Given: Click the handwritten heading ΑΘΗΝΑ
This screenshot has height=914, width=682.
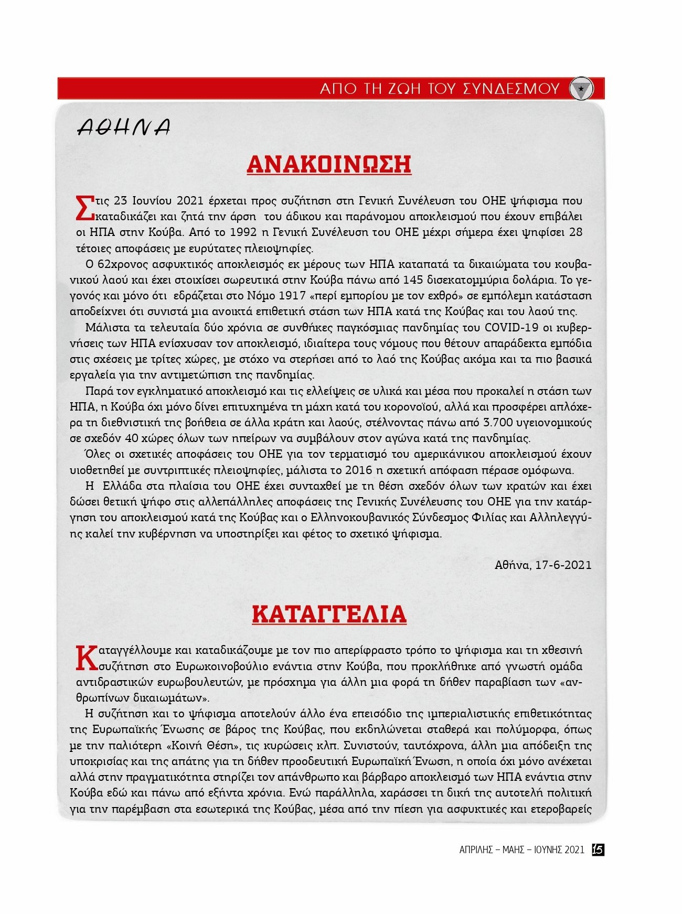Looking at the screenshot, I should (x=124, y=127).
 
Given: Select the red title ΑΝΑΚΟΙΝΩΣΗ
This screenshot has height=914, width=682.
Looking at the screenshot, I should (x=329, y=164).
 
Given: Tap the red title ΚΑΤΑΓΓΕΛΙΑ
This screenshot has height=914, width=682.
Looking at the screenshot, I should (x=329, y=614).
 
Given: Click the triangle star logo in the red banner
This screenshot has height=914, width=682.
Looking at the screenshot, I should (x=581, y=89).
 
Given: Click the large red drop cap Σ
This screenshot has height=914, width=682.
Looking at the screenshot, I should (x=84, y=208).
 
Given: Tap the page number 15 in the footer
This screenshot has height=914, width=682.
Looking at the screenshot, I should (x=598, y=850).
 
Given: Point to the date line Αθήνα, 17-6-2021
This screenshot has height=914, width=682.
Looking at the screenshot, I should (x=543, y=565).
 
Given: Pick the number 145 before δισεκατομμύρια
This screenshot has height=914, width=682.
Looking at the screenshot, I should (x=413, y=280).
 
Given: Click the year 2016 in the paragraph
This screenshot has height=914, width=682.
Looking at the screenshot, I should (x=359, y=470).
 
